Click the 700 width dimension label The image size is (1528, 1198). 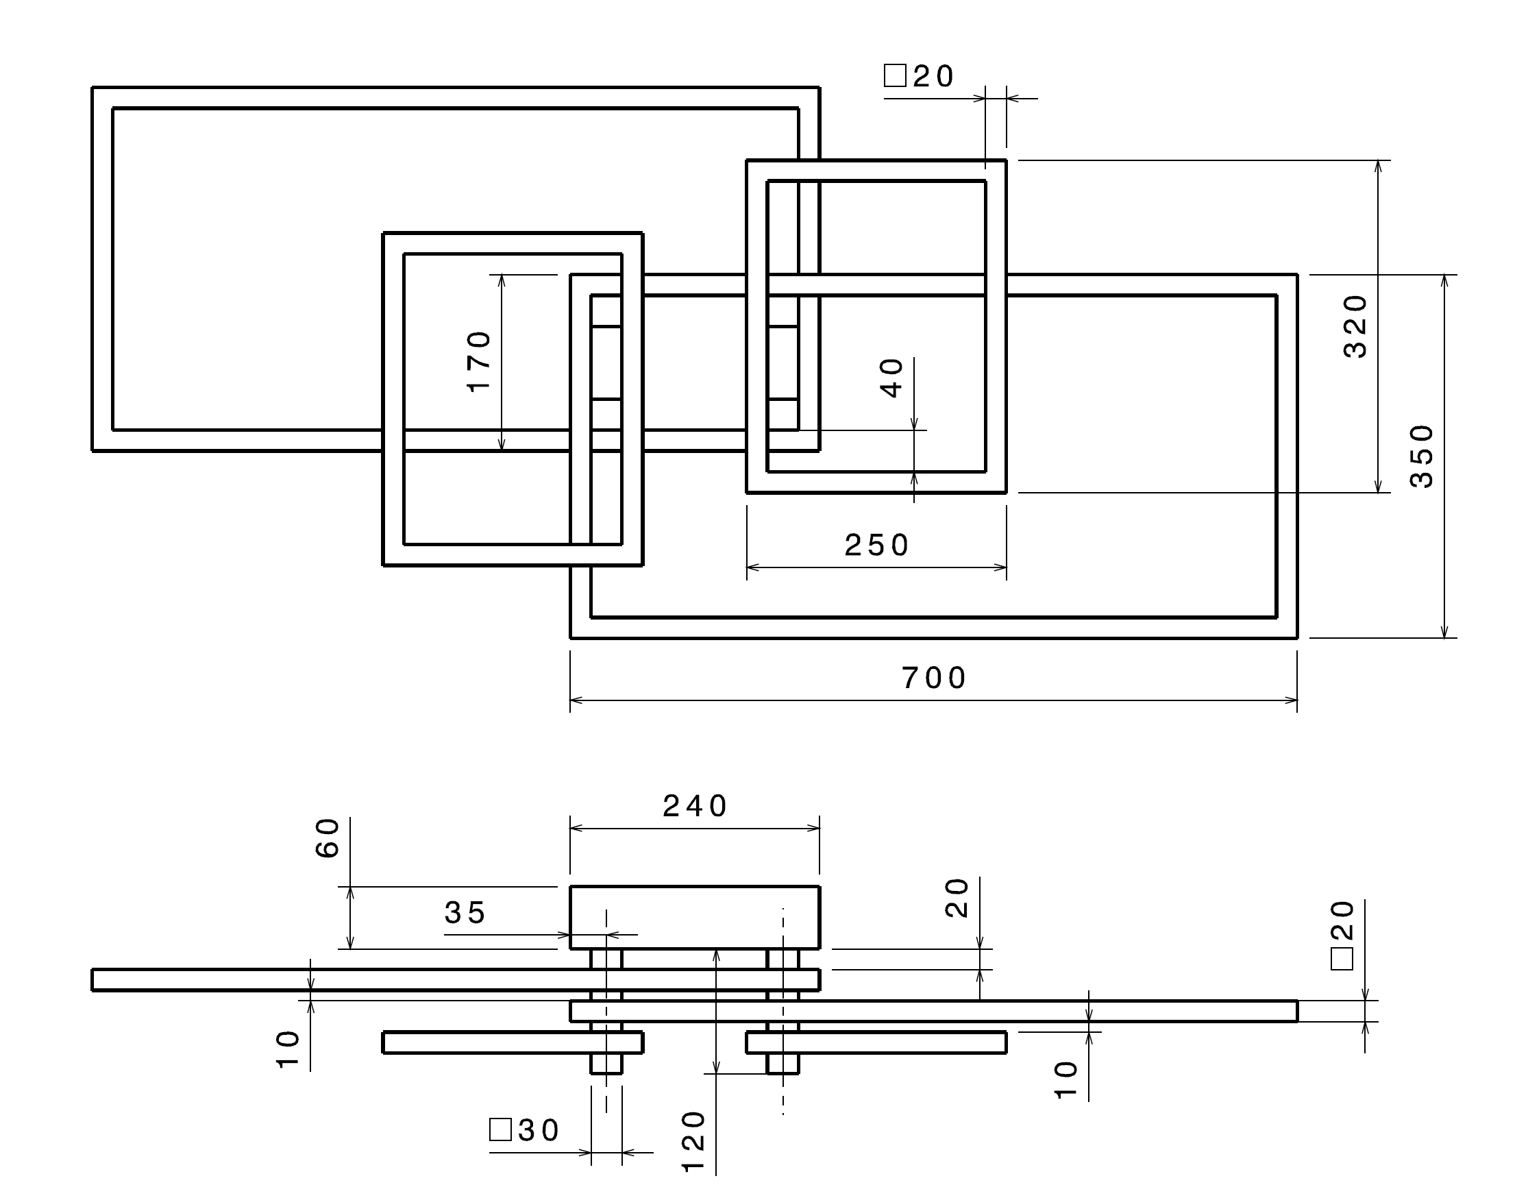(934, 679)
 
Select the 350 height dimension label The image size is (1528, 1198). (1422, 456)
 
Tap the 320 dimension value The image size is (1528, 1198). (1355, 327)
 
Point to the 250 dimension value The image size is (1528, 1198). (876, 545)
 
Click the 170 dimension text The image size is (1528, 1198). (480, 362)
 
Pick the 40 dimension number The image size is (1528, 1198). (892, 378)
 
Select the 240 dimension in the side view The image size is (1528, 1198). (695, 806)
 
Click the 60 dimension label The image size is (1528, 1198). (328, 838)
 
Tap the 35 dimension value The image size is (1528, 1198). (465, 912)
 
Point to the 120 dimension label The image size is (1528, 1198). (693, 1141)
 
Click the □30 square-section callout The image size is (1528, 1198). (523, 1130)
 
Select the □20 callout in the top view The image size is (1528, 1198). (919, 76)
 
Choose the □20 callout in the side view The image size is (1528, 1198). (1342, 935)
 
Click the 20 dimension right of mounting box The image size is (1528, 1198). (957, 898)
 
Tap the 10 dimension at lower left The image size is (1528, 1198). (288, 1049)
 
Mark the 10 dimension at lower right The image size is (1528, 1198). (1066, 1080)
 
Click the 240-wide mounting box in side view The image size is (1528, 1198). (694, 918)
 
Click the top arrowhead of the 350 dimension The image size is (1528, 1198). (1444, 281)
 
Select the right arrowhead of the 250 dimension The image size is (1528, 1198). (1000, 567)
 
